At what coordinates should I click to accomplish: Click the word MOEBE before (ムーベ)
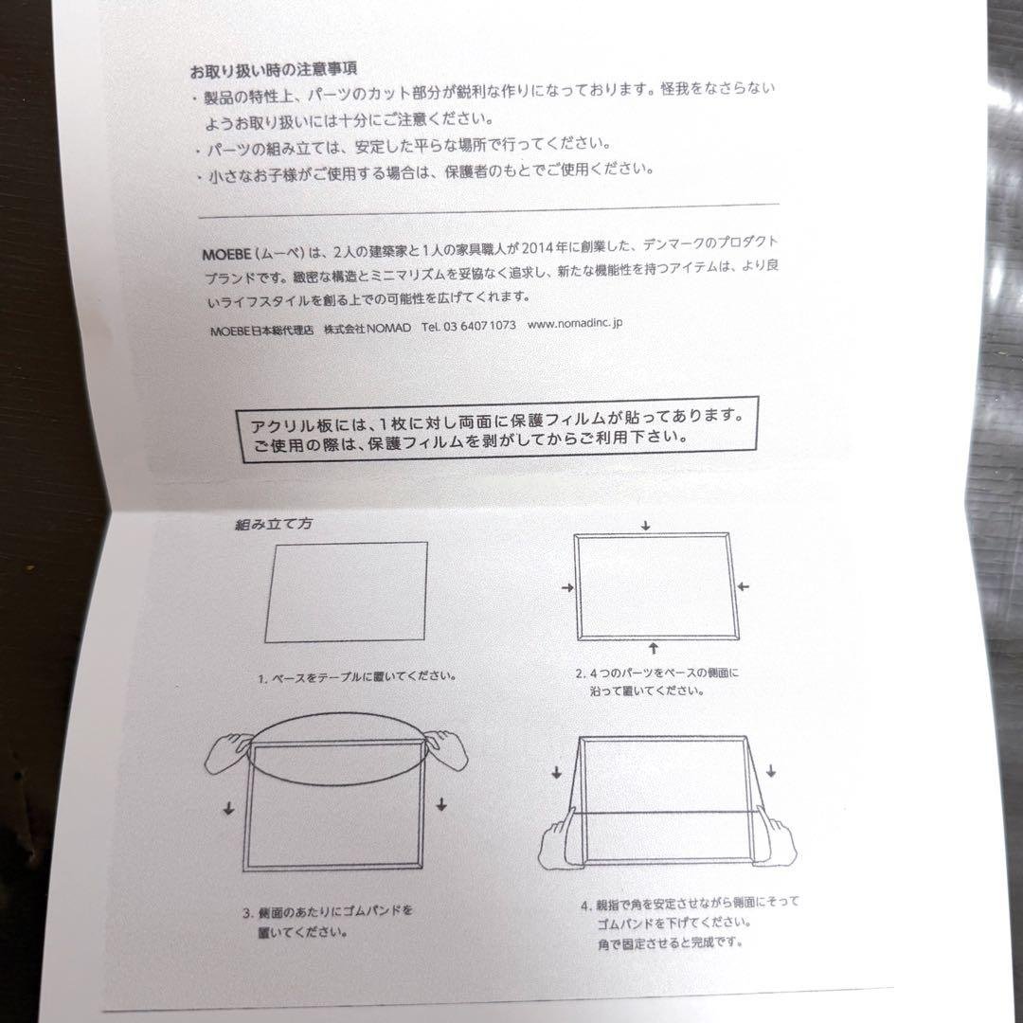[224, 252]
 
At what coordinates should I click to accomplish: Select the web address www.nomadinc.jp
[574, 323]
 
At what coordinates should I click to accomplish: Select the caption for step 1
[356, 677]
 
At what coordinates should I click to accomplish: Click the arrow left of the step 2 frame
[567, 588]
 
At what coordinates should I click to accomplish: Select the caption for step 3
[328, 922]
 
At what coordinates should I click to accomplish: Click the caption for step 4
[676, 923]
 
